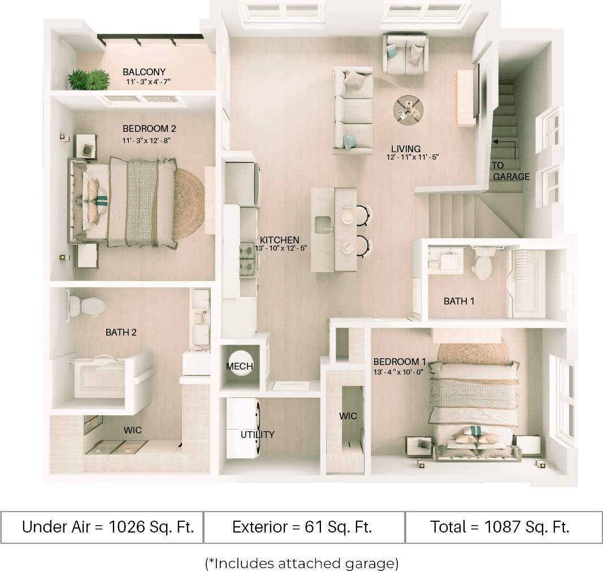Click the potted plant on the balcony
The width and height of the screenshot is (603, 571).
pos(89,80)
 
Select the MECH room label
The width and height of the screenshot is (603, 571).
pos(240,366)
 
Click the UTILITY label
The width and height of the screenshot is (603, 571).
pos(257,435)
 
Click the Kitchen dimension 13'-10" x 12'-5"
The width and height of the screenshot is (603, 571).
pos(281,248)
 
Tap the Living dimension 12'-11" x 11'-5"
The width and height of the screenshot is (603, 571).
pos(413,157)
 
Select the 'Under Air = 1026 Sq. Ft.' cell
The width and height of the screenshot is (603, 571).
pos(108,527)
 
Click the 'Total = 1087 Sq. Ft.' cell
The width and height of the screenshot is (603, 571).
pos(499,527)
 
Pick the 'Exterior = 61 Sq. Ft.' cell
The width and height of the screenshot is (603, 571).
pos(302,527)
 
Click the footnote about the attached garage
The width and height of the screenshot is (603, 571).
pos(302,563)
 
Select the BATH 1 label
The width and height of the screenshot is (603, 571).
pos(459,301)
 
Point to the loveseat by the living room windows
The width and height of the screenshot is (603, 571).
pos(405,54)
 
